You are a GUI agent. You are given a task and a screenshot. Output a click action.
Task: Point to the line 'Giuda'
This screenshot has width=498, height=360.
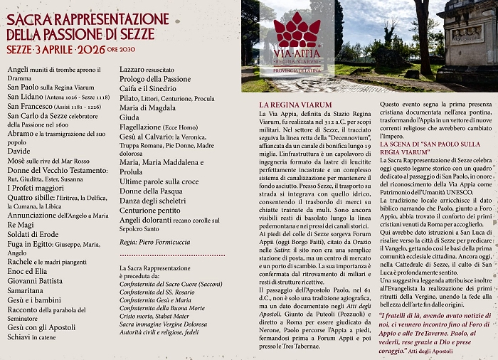[x=129, y=117]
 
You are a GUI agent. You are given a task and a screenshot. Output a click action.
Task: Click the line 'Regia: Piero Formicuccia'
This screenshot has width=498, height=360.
[x=156, y=242]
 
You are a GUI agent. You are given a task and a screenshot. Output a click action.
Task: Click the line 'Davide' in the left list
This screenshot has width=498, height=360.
[x=19, y=151]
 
